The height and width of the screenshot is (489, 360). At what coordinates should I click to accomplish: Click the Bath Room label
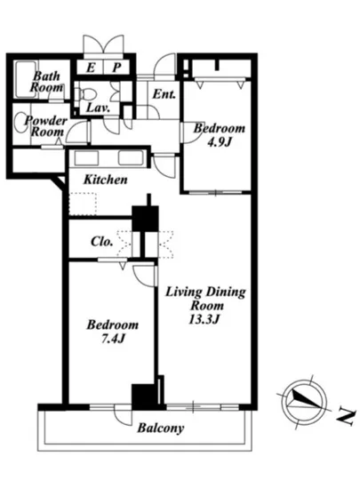coord(47,82)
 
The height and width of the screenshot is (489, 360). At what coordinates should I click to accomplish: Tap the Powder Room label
coord(46,126)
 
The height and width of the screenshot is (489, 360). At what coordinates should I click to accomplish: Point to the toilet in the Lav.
coord(85,93)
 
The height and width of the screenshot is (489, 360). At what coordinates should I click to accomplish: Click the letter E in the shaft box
coord(91,68)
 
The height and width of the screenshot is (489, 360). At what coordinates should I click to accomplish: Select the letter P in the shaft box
coord(116,68)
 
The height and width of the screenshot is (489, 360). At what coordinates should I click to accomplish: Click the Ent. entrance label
coord(164,94)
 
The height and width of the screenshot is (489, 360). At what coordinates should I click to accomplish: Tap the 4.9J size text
coord(220,142)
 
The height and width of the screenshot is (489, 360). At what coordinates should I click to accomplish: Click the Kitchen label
coord(106,180)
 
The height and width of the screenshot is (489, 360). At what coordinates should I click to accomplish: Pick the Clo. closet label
coord(101,241)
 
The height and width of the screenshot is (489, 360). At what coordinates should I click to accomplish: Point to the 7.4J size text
coord(113,339)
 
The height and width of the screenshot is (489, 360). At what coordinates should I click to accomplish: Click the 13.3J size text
coord(205,319)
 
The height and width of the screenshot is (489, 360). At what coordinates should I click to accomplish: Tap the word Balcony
coord(161,429)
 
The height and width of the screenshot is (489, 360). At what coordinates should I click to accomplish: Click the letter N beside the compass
coord(346,417)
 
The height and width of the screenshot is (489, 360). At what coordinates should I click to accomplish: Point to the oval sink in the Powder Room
coord(21,123)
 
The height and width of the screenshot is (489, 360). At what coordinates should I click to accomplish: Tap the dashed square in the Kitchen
coord(83,204)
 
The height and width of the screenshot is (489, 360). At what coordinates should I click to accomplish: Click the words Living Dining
coord(205,293)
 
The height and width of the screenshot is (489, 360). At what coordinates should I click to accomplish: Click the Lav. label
coord(98,108)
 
